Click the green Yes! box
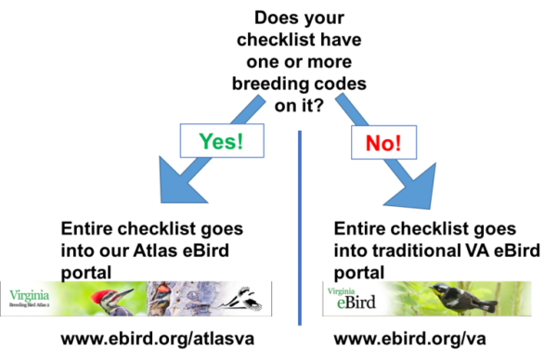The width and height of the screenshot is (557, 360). coord(222,141)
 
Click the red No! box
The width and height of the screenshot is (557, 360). coord(383,142)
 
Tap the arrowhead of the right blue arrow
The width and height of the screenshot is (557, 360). coord(414,187)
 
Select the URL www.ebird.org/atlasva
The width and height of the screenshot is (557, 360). coord(158,339)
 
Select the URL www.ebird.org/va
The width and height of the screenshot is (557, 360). coord(409,339)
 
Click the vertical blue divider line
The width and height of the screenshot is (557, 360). coord(300,228)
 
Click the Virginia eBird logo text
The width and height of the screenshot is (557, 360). coord(352,298)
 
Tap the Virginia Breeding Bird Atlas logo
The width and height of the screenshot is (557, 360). coord(29,298)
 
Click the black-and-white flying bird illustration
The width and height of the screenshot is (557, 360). coord(240,299)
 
